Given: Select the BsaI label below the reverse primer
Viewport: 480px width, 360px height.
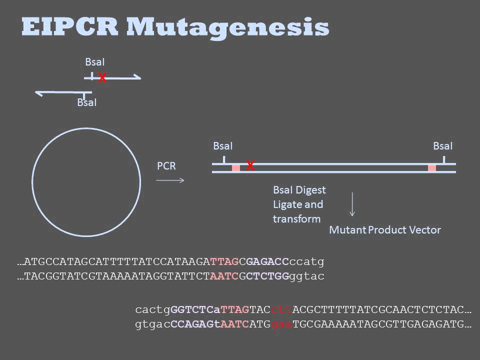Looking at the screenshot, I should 87,102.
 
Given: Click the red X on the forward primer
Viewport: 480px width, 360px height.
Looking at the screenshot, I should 102,78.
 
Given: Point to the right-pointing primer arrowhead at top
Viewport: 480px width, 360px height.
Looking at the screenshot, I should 138,78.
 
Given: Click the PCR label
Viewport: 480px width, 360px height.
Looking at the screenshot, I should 166,166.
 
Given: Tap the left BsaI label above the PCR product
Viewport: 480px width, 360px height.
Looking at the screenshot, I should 222,146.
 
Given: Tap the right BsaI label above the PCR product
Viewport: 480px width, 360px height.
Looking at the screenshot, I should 442,146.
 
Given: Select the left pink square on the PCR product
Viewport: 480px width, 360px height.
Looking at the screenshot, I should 235,168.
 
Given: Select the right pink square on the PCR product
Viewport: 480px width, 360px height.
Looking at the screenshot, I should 432,168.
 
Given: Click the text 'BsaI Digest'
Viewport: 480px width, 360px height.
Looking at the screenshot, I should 299,190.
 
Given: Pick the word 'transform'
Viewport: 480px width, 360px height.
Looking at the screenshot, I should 296,219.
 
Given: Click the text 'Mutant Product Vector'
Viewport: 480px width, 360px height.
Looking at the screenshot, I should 384,230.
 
